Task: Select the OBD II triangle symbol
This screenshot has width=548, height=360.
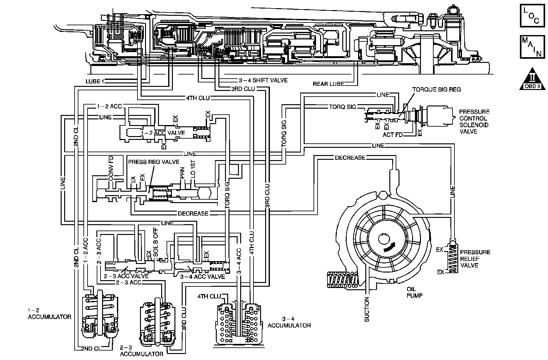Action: click(533, 79)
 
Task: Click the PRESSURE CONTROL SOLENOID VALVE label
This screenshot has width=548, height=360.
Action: click(474, 122)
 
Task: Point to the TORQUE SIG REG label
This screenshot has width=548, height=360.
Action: click(436, 90)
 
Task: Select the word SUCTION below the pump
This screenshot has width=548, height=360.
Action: click(367, 309)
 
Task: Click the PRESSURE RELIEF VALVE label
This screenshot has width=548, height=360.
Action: click(475, 259)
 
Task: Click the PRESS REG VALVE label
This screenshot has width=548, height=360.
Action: click(149, 162)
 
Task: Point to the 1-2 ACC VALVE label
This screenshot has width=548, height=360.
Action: click(163, 133)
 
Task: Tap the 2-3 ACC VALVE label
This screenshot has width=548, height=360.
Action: click(126, 276)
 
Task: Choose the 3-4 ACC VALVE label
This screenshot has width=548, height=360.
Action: click(202, 277)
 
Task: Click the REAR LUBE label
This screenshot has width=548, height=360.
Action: click(328, 84)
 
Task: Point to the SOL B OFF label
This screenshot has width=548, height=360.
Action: click(155, 245)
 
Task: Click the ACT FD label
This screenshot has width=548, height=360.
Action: click(393, 135)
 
